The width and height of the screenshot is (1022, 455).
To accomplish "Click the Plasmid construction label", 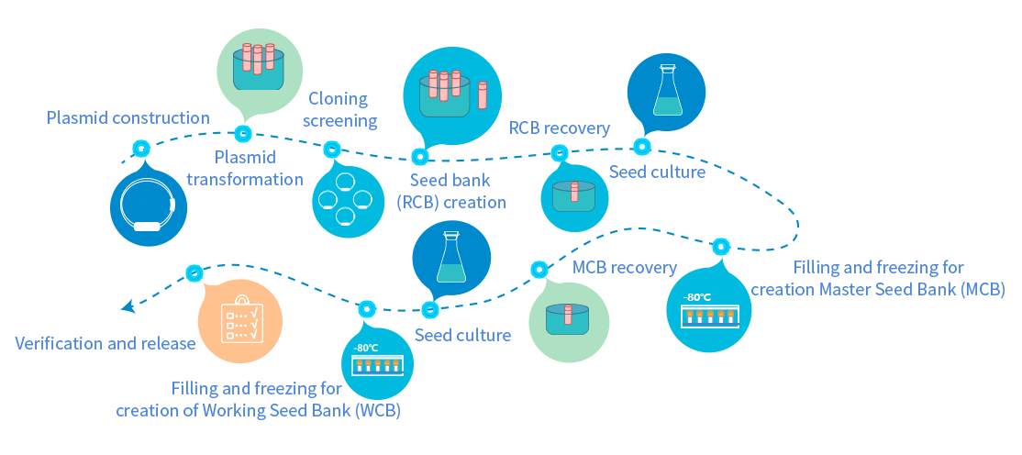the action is tap(128, 118).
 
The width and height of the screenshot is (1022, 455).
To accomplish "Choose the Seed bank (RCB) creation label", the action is tap(451, 191).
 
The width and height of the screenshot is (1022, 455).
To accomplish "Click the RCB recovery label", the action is tap(560, 128).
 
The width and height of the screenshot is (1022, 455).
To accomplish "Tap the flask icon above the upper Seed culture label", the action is tap(665, 90).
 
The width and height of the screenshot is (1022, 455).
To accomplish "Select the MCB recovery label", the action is tap(624, 267).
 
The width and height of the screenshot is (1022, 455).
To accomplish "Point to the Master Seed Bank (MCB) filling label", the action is tap(877, 278).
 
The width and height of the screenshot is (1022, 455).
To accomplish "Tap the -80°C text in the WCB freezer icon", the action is tap(366, 348).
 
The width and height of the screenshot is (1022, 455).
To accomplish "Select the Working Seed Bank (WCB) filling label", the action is tap(258, 400).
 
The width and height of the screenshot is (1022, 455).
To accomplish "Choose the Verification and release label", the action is tap(106, 343).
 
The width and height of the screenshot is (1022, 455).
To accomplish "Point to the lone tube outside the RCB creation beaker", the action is tap(483, 95).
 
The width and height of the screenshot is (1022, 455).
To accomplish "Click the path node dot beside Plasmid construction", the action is tap(140, 149).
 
